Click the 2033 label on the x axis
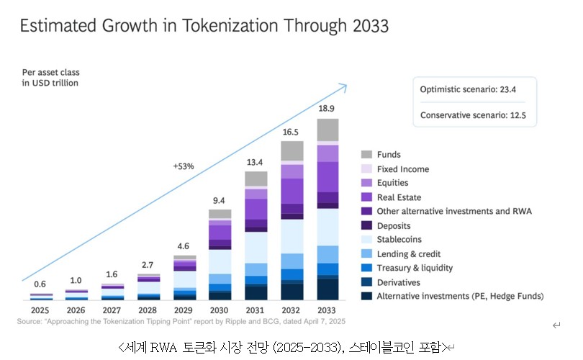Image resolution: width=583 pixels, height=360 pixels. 327,310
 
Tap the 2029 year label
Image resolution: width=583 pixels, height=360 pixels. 184,310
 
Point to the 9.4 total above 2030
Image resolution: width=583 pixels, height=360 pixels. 220,200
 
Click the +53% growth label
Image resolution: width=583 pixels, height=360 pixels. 184,166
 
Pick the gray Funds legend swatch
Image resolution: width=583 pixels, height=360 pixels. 366,155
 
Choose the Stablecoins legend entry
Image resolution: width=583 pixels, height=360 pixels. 399,239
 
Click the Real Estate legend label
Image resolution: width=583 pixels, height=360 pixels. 399,197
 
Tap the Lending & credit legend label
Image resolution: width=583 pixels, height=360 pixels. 409,253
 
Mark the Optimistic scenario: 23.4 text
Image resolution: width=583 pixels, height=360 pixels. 468,89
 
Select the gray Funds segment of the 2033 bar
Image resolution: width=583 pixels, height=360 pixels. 327,130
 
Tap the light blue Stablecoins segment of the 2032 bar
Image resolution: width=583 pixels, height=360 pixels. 291,236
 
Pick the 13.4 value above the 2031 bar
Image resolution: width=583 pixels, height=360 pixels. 256,161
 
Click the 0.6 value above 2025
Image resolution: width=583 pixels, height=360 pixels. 41,284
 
